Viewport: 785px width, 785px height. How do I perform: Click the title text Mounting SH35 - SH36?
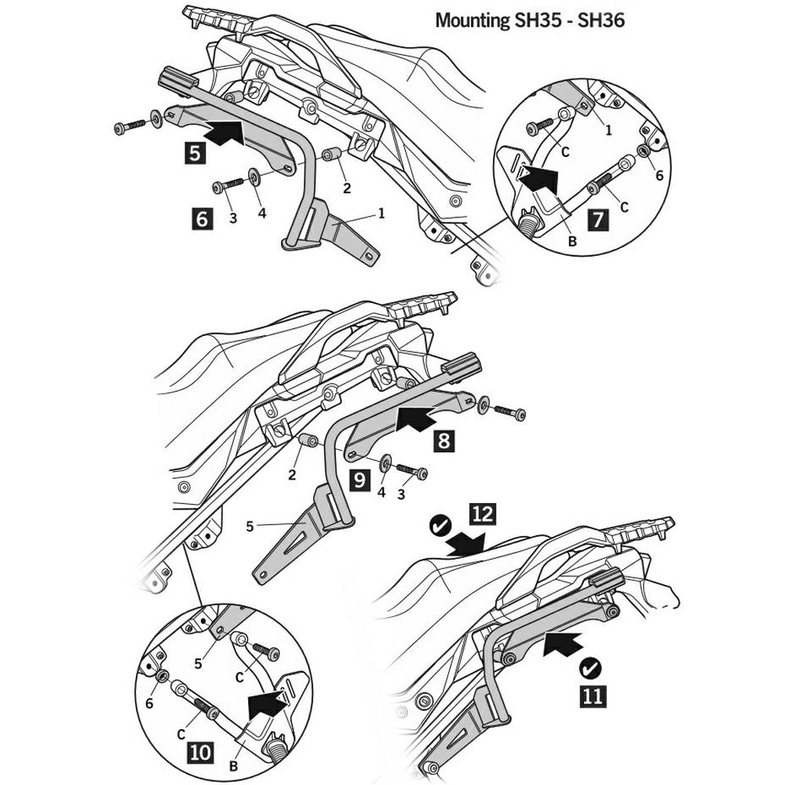point(529,20)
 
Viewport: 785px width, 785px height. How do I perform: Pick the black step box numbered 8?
point(444,441)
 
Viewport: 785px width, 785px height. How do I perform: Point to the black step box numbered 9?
point(360,480)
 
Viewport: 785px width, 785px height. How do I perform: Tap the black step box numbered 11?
point(593,695)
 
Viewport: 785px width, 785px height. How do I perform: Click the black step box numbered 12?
point(482,514)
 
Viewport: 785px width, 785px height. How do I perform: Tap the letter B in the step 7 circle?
point(571,242)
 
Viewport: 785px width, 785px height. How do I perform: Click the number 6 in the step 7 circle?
point(659,176)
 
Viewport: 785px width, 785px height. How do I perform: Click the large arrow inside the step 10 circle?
point(266,703)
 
